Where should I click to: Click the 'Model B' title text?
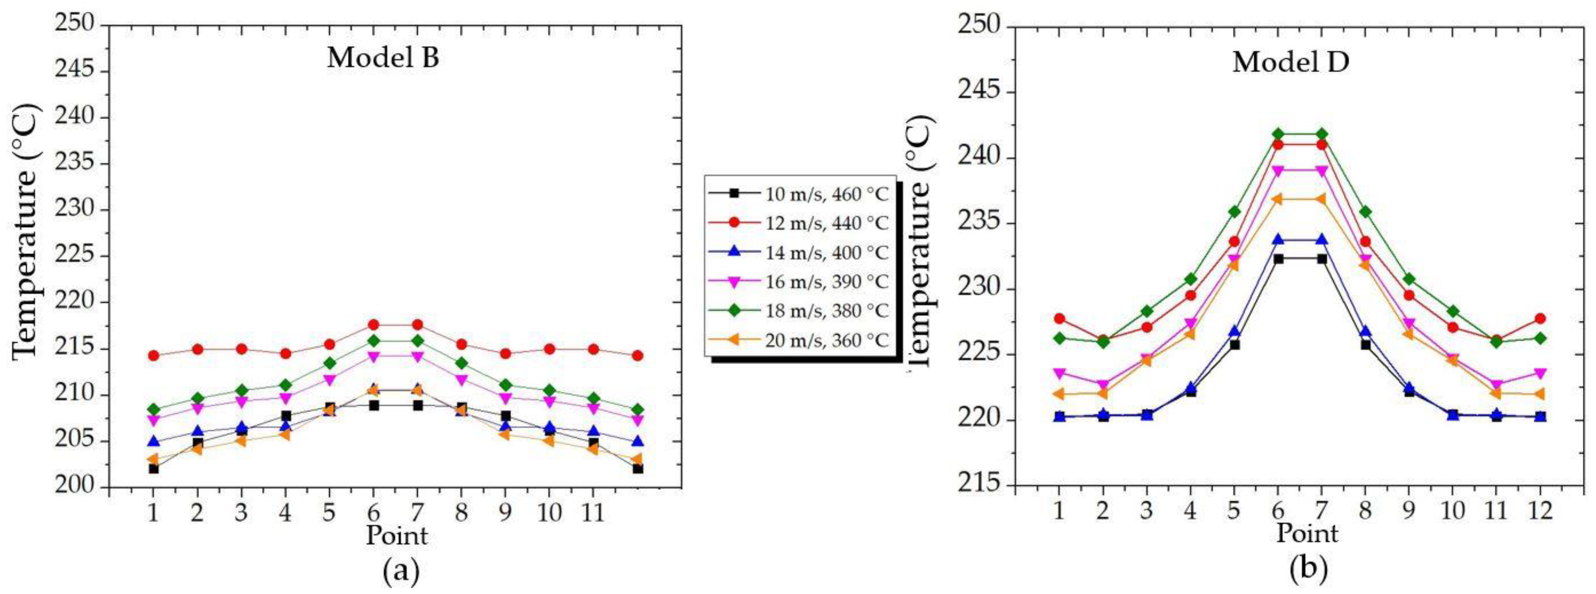383,58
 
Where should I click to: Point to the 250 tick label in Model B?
76,24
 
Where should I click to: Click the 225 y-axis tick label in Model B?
76,256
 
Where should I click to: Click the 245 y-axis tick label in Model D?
979,92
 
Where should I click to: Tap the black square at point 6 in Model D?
1278,259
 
